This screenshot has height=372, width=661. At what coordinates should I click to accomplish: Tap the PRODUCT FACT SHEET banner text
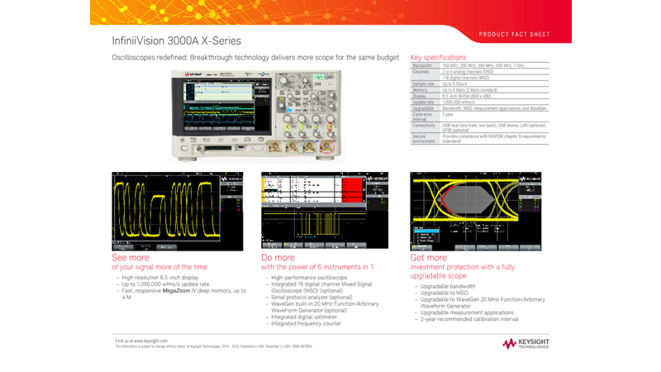[x=513, y=35]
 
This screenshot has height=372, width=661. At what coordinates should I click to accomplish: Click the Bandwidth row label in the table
[x=422, y=65]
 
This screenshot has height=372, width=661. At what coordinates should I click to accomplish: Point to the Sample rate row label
[x=423, y=83]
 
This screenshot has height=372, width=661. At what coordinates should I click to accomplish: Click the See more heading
[x=131, y=258]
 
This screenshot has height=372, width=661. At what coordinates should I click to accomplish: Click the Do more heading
[x=278, y=258]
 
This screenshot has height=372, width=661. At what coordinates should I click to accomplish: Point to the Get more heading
[x=428, y=258]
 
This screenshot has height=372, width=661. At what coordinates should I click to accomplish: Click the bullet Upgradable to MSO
[x=447, y=293]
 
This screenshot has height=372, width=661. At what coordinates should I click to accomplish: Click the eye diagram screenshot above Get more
[x=476, y=211]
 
